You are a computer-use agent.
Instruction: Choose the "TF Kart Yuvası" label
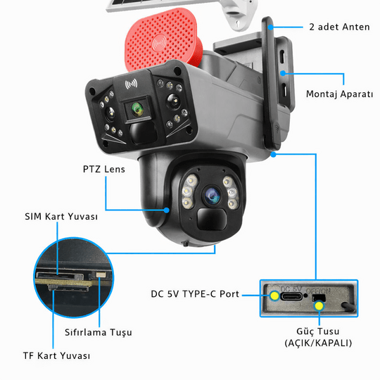pos(56,356)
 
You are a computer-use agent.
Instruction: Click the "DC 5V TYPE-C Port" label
pos(195,294)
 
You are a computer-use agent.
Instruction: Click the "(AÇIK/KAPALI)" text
pos(318,343)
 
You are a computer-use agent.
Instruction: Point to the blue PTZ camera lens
pos(210,194)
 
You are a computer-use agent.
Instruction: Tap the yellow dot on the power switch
pos(319,305)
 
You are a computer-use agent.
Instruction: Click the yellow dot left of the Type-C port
pos(273,296)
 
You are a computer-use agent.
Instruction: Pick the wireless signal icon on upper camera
pos(130,84)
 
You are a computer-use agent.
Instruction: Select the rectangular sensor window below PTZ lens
pos(211,220)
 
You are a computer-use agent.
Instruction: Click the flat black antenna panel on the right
pos(276,84)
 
